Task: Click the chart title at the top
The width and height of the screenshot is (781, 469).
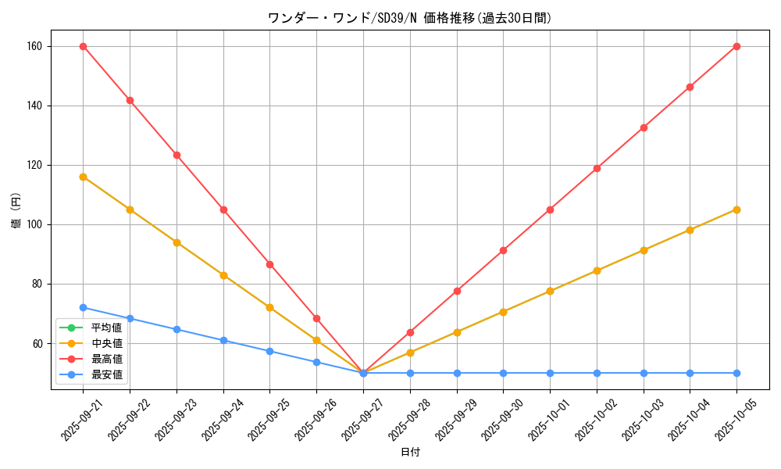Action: click(x=410, y=18)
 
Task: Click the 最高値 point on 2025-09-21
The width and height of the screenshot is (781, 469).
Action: click(x=83, y=46)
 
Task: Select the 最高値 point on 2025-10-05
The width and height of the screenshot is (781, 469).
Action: click(x=736, y=46)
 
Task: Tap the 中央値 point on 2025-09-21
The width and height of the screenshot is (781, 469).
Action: click(x=83, y=177)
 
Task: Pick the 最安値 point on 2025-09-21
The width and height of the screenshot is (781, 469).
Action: click(x=83, y=307)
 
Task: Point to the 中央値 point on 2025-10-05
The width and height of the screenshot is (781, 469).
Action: click(x=736, y=209)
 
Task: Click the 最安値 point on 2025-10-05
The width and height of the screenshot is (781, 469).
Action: click(x=736, y=373)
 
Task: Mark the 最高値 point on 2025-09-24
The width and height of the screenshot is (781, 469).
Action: click(x=223, y=209)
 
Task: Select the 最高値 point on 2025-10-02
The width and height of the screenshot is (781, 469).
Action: click(x=597, y=168)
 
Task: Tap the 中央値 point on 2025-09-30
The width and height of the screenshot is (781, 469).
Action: click(x=503, y=312)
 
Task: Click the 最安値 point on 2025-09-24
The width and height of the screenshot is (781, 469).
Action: click(x=223, y=340)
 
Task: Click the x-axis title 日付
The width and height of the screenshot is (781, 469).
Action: click(x=410, y=453)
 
